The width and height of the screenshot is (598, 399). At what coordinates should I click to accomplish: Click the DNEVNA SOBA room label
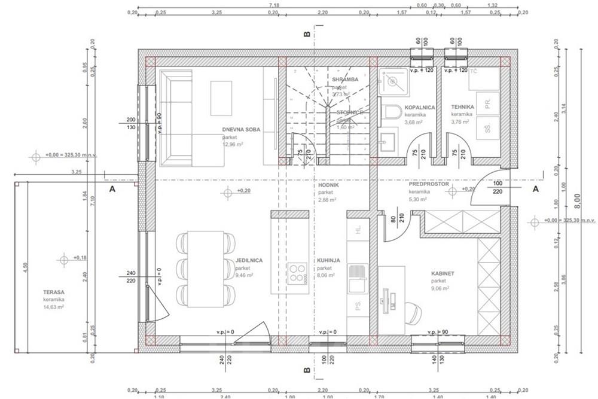(x=242, y=129)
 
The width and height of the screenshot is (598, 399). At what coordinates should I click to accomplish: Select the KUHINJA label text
(x=329, y=261)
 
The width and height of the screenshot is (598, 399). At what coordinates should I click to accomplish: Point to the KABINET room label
(x=443, y=273)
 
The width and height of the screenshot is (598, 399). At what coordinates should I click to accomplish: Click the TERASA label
(x=53, y=291)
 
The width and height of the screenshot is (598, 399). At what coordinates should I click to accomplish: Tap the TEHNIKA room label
(x=462, y=107)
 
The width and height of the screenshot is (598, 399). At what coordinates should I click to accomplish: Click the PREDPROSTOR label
(x=429, y=184)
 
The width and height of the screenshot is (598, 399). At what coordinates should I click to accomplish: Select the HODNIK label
(x=329, y=185)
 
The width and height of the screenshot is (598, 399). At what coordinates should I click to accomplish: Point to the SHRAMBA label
(x=345, y=79)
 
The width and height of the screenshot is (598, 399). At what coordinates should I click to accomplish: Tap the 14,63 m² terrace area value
(x=53, y=307)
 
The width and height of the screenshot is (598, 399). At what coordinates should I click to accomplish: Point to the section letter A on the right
(x=536, y=189)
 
